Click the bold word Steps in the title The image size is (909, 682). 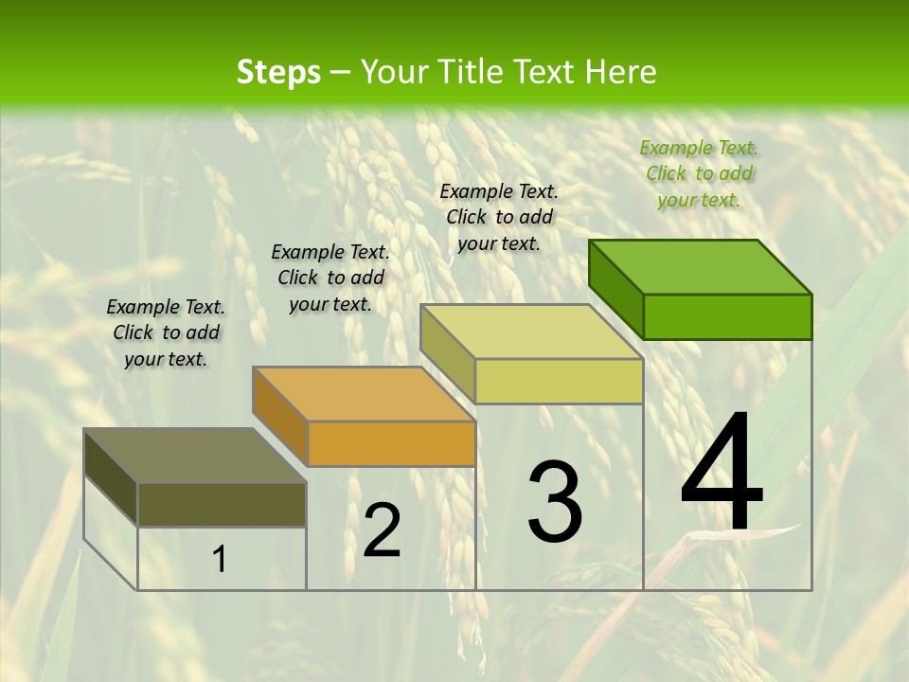[278, 72]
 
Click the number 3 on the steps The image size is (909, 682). [555, 502]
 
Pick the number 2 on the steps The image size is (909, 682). [382, 530]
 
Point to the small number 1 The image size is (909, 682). [220, 560]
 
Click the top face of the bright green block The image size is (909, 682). [701, 266]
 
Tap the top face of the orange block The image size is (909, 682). [364, 393]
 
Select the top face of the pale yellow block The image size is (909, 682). [531, 332]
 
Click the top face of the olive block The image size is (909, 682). [195, 456]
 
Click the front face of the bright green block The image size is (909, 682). [727, 316]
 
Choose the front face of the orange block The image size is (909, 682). [391, 443]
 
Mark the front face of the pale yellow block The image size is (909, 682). [559, 381]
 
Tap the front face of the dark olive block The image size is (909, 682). [222, 504]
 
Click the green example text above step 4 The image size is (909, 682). [699, 173]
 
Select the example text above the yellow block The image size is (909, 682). [499, 217]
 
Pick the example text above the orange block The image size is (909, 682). [330, 278]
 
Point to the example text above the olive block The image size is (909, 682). [166, 332]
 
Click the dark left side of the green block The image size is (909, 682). [615, 289]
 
